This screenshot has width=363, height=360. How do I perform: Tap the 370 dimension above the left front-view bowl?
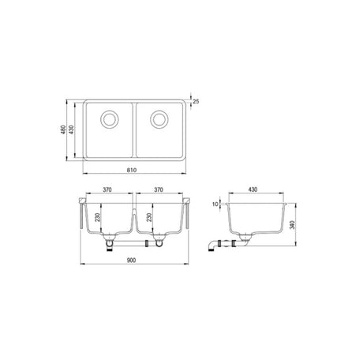(109, 191)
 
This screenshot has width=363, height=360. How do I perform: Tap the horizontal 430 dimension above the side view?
(253, 191)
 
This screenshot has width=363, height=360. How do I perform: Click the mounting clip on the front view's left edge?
(81, 213)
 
